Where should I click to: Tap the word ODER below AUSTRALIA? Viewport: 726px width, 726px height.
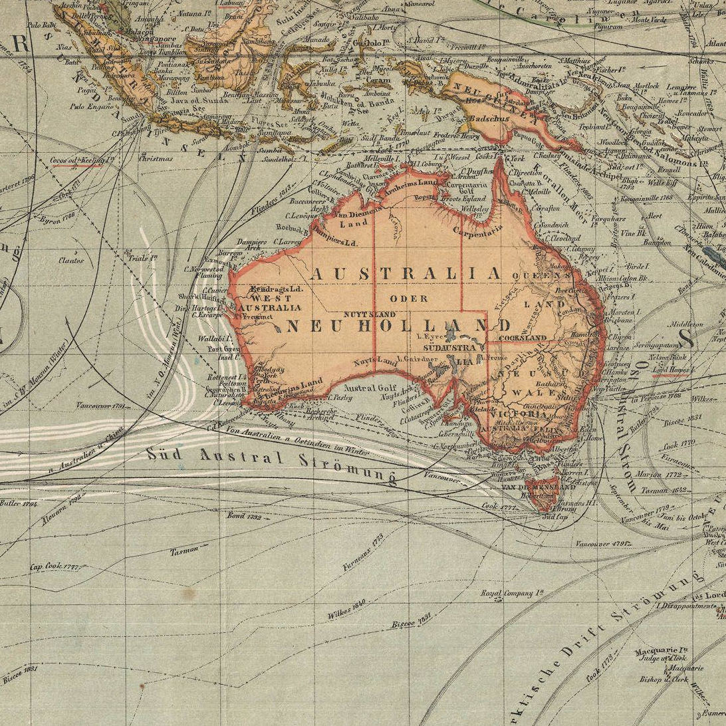pyautogui.click(x=410, y=299)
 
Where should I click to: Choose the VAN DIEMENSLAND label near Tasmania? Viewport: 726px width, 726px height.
pyautogui.click(x=539, y=487)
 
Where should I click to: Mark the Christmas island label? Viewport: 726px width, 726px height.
pyautogui.click(x=156, y=158)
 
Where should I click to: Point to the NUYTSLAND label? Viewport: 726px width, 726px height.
pyautogui.click(x=370, y=314)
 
